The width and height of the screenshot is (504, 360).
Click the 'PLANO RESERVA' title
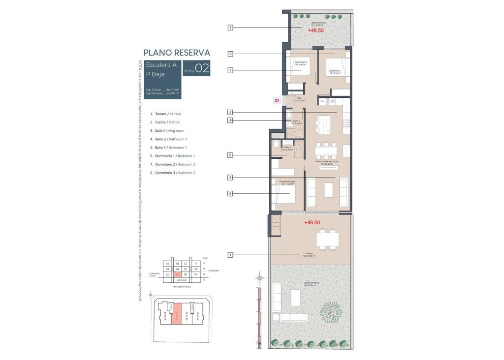point(176,53)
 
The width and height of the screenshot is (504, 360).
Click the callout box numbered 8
point(230,54)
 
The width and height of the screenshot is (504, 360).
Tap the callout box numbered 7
point(230,70)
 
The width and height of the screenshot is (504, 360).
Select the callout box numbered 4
point(230,120)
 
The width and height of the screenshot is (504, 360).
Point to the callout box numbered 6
point(230,194)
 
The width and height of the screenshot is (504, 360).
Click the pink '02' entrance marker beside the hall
point(277,101)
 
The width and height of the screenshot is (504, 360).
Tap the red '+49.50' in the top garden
point(316,30)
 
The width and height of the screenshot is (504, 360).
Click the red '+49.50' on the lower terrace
point(312,223)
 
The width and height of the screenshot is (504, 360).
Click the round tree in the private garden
point(329,311)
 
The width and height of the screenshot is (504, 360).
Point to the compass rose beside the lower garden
point(259,278)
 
